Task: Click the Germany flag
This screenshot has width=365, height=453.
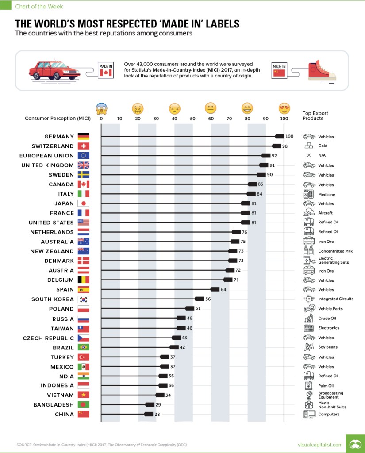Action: [x=83, y=137]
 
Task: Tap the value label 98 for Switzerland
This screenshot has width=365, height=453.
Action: [x=284, y=146]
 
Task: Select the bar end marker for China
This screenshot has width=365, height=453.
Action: [x=149, y=414]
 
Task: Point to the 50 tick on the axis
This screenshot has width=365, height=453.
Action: [x=192, y=119]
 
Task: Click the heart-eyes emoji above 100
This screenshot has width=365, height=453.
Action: [x=284, y=108]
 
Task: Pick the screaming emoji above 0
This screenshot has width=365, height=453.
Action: [x=101, y=108]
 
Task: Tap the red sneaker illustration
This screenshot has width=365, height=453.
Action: [x=325, y=71]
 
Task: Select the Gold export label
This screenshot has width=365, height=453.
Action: [x=323, y=146]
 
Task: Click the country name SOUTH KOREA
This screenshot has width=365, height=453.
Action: [x=53, y=299]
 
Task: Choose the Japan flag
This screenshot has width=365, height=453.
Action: [x=83, y=203]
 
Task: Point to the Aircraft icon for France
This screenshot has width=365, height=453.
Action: [x=309, y=213]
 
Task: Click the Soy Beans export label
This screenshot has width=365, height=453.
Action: [x=327, y=347]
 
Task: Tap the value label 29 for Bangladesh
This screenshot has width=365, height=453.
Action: [x=158, y=404]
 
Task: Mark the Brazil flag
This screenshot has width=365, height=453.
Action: [x=83, y=347]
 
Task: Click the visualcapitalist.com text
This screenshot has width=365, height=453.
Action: [x=321, y=444]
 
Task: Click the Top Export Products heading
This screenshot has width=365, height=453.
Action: [x=315, y=116]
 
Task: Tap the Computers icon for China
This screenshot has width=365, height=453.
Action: [x=309, y=414]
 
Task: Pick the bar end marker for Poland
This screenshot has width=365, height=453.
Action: [x=190, y=308]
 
